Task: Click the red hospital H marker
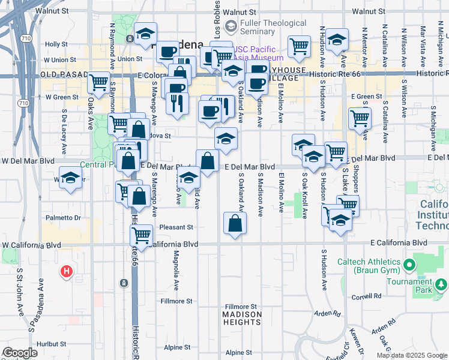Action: (67, 272)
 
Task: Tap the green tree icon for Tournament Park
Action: (441, 283)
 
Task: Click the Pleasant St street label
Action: (176, 227)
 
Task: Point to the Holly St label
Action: (56, 44)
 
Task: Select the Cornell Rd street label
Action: (367, 296)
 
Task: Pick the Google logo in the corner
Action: (20, 353)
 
